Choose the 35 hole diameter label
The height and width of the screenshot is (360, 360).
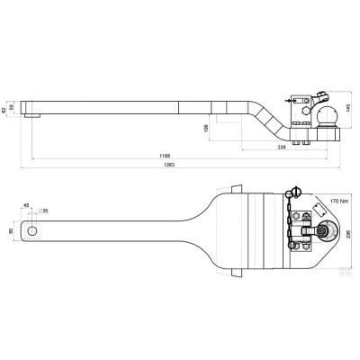point(45,211)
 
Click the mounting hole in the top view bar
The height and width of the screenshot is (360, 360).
point(33,233)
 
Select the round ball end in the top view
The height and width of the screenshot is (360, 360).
point(321,235)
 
